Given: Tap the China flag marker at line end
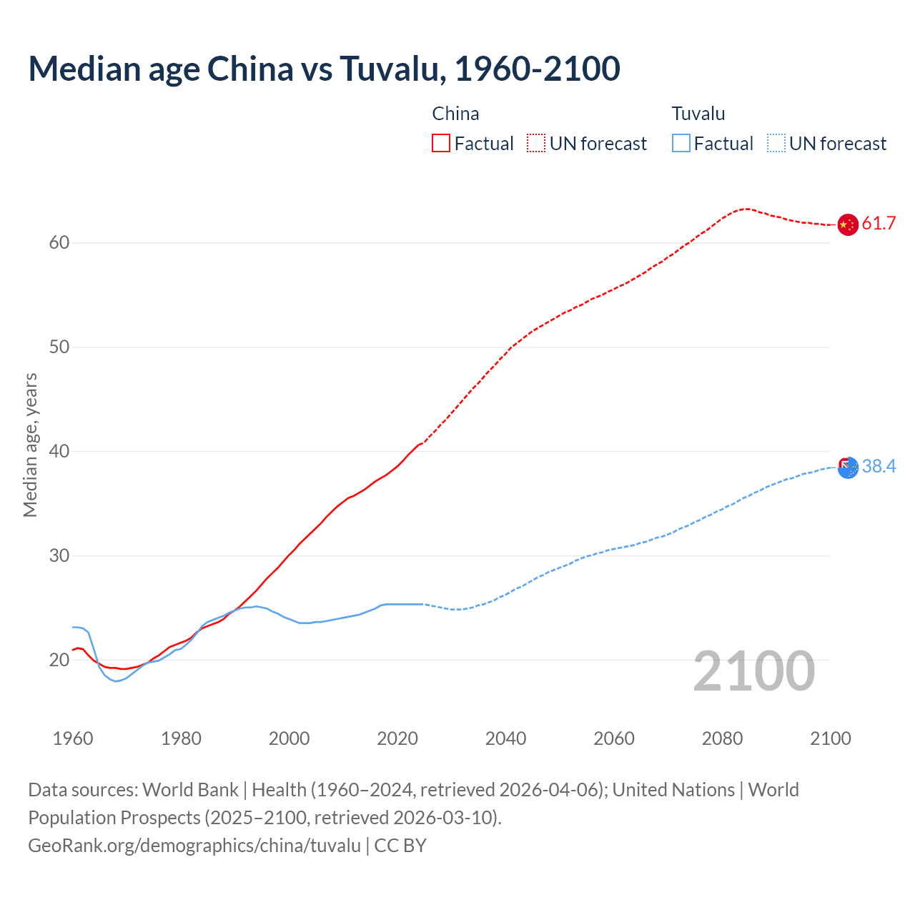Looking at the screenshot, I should coord(847,224).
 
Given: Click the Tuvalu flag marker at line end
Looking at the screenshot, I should coord(848,468).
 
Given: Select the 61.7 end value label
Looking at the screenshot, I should coord(879,224).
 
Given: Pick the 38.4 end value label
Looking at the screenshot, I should coord(879,467).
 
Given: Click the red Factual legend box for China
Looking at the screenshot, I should coord(441,144).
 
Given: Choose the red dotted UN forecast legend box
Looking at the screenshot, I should coord(536,144).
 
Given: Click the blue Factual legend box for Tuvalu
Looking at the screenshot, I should coord(681,144).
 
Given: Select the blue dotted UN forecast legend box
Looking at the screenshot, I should coord(776,144).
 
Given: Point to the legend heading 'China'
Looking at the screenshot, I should coord(455,114).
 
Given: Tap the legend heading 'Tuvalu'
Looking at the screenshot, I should coord(698,114).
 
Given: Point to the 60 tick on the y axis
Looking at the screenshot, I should coord(59,243).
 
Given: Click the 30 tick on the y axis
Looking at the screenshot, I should coord(59,555).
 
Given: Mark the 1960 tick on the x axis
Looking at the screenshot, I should coord(73,738).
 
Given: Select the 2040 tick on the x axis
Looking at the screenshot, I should coord(505,738).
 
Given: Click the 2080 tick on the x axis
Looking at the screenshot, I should coord(722,738).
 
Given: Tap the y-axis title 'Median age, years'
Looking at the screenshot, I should coord(30,445).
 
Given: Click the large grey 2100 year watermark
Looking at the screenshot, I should coord(753,671).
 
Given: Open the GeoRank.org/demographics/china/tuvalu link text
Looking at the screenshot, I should coord(194,846).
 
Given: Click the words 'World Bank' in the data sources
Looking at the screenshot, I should coord(190,790).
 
